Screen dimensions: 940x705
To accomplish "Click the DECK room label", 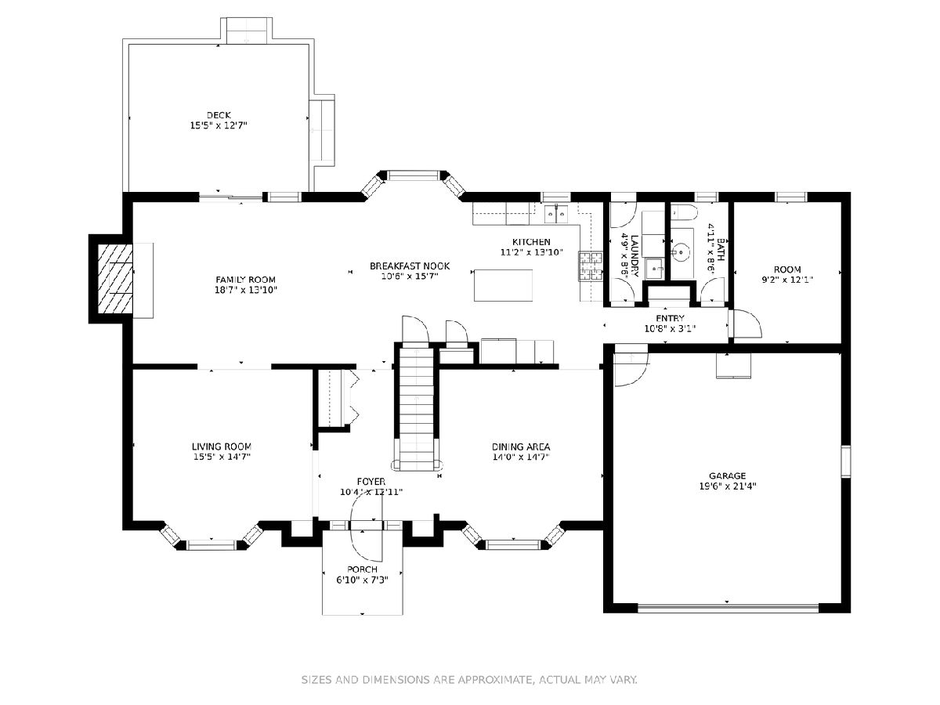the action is [x=219, y=115].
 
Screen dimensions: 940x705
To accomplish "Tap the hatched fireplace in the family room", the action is [x=115, y=278].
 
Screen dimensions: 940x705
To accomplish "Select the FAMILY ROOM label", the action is [x=245, y=280].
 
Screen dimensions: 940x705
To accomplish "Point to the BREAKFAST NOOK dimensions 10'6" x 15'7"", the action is [x=410, y=277].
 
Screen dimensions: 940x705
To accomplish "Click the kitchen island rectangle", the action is [x=503, y=285].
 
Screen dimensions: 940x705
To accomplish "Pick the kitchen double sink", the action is [x=556, y=213].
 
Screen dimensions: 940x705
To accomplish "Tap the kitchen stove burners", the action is [x=591, y=266].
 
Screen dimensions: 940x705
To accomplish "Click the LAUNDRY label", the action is [x=634, y=256].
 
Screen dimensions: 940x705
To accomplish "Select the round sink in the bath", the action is [x=680, y=251].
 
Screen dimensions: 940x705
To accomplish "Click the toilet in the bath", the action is [x=684, y=212].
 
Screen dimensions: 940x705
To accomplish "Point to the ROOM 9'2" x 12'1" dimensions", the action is [x=787, y=280].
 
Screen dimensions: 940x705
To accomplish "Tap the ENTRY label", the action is [x=670, y=318].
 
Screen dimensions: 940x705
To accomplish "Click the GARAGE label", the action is [x=727, y=475].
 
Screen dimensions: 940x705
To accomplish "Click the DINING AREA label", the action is [x=521, y=446].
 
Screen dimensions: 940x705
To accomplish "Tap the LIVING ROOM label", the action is [x=222, y=446].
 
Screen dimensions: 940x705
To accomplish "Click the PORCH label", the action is [x=363, y=569].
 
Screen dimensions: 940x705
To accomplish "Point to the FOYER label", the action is [x=371, y=482].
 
